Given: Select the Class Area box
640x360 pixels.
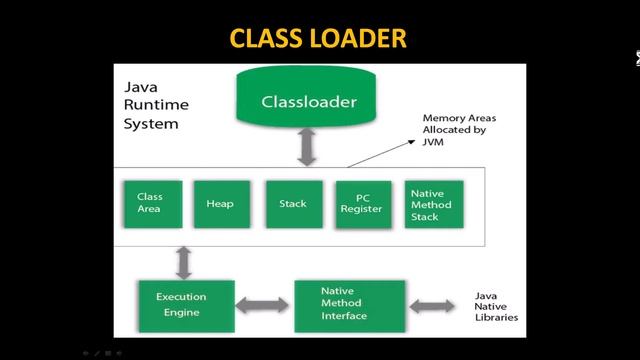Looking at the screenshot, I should (x=150, y=203).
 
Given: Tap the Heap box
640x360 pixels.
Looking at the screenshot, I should (x=220, y=203).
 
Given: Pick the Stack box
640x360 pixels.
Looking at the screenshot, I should (x=292, y=203).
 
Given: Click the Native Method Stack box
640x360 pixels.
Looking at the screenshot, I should (x=431, y=204).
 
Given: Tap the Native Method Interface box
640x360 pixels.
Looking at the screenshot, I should (x=349, y=304).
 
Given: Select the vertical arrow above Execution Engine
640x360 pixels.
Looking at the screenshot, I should (x=184, y=261).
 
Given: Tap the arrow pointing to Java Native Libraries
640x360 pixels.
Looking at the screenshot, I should (x=437, y=304).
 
